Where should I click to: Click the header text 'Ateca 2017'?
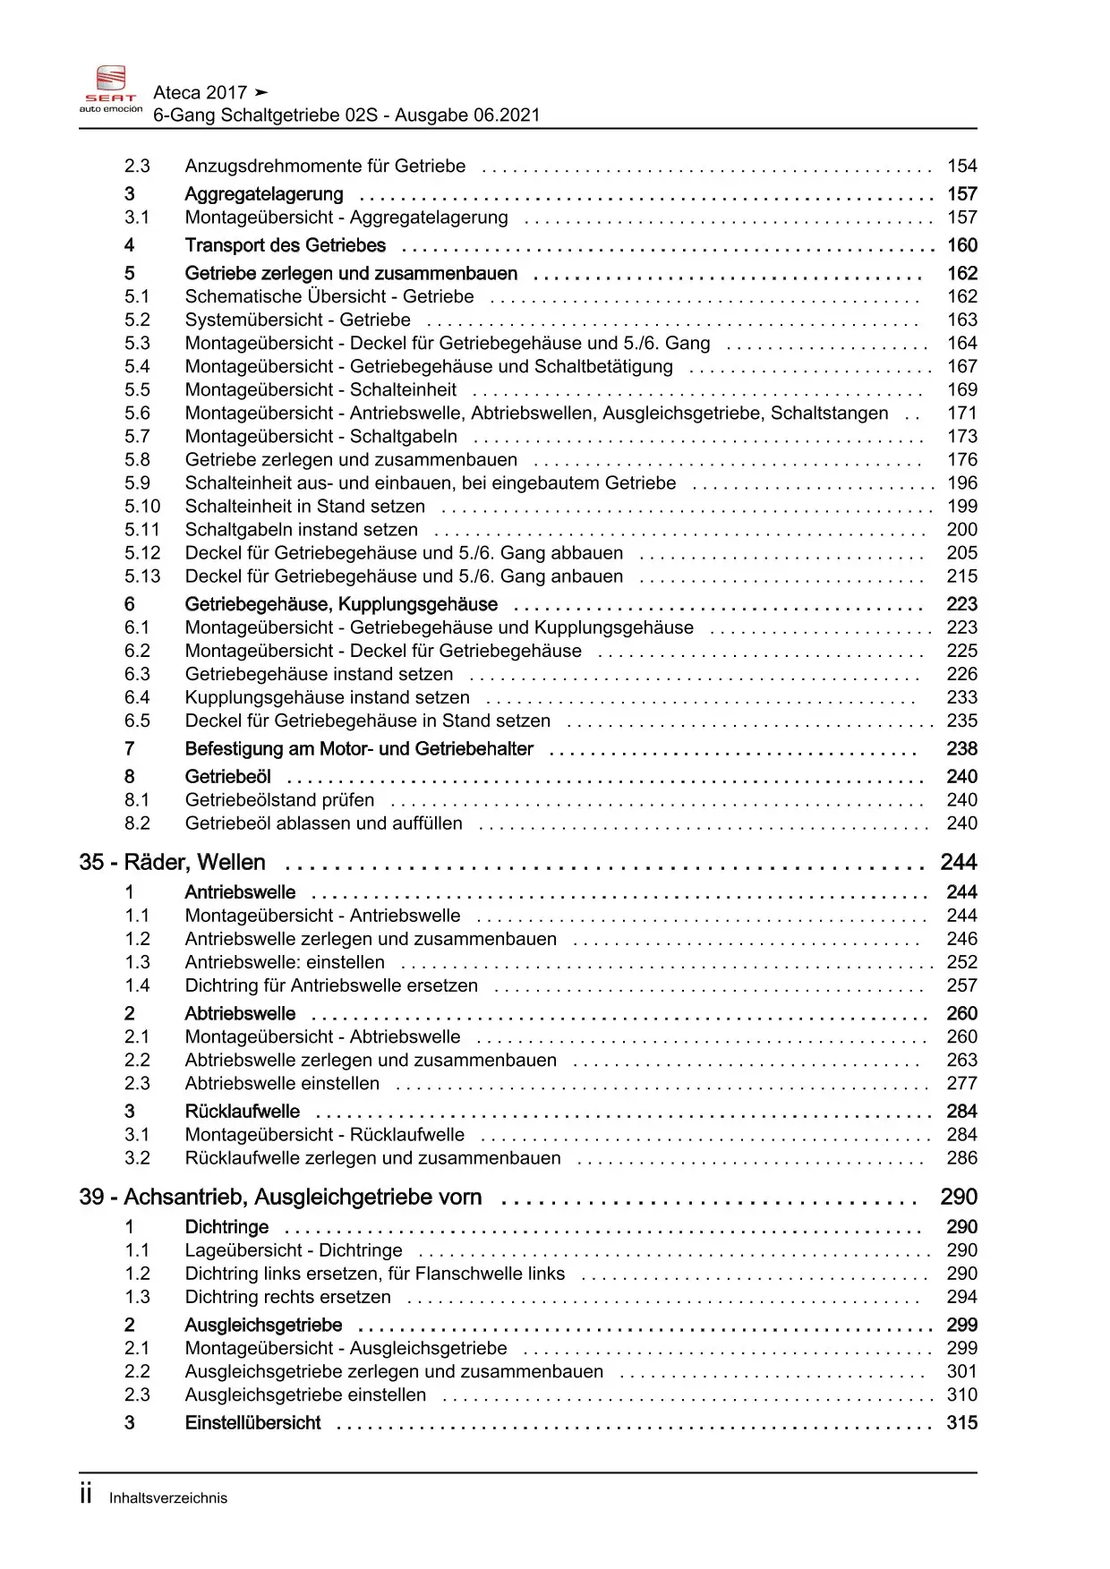(201, 92)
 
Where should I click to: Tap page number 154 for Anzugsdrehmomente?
(962, 166)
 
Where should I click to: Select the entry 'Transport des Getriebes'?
(285, 245)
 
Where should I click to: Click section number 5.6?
(137, 413)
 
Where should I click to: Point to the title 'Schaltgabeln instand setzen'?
(301, 529)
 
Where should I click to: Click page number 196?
(962, 482)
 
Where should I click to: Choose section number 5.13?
(142, 576)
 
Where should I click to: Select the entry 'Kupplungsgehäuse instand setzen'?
(327, 697)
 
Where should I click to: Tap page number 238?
(962, 748)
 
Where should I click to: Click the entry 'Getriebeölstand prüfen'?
(279, 799)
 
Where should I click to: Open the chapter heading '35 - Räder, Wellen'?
(173, 862)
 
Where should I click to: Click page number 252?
(962, 962)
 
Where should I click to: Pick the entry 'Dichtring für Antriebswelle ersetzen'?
(331, 985)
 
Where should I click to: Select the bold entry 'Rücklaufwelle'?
(242, 1111)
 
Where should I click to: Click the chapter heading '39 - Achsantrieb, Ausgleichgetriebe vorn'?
(280, 1197)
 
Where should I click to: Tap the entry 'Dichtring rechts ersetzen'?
(287, 1297)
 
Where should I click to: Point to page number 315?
(962, 1422)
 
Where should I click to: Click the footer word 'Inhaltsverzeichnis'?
(168, 1498)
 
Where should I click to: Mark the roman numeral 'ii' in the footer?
(86, 1495)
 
